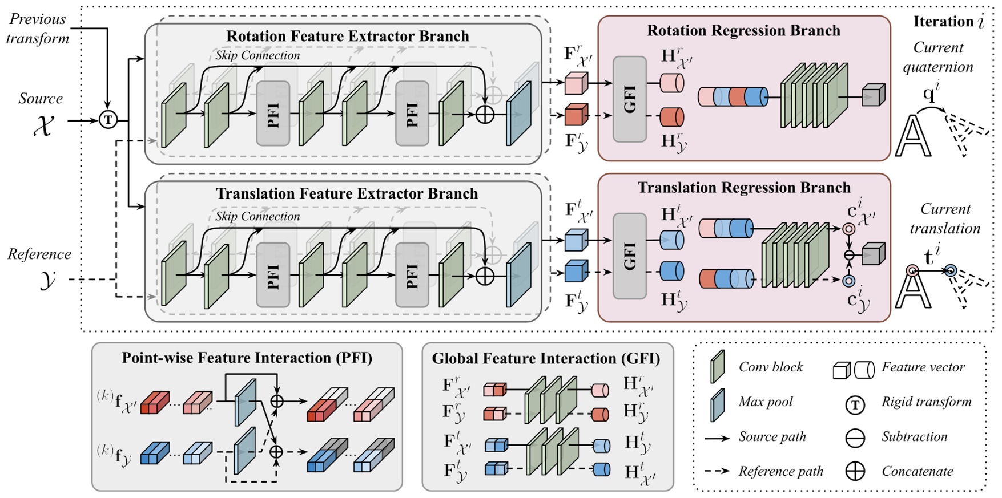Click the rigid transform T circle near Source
(x=108, y=120)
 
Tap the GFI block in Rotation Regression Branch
(x=629, y=99)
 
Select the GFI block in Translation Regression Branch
(x=629, y=256)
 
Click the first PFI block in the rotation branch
(x=273, y=114)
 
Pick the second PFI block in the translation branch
(x=412, y=275)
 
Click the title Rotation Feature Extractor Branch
(x=347, y=36)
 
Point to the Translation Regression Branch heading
(x=743, y=188)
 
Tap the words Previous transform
(x=38, y=29)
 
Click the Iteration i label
(x=948, y=22)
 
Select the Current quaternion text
(x=937, y=57)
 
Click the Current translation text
(x=944, y=218)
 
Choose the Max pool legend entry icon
(x=717, y=404)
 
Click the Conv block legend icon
(x=717, y=367)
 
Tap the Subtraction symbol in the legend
(x=855, y=438)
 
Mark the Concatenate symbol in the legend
(x=855, y=472)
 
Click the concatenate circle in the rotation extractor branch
(x=485, y=114)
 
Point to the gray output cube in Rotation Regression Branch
(x=872, y=95)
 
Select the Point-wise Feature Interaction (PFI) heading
(x=247, y=358)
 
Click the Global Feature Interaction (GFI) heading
(x=546, y=358)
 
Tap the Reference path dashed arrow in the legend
(x=717, y=471)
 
